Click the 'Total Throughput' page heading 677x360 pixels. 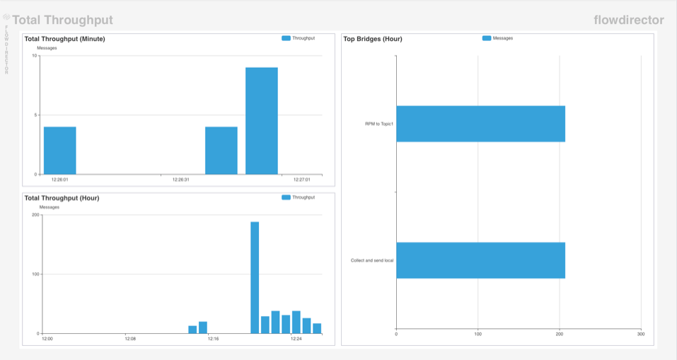point(62,21)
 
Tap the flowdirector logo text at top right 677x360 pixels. point(629,20)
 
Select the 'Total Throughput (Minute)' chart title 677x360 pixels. point(64,39)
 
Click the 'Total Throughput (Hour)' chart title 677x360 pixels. point(62,198)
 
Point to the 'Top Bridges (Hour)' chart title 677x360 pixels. point(373,39)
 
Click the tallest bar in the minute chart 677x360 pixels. point(261,120)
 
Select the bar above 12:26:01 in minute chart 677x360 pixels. point(59,150)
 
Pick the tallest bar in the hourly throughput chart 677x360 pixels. point(255,277)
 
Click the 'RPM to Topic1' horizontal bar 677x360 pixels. point(480,124)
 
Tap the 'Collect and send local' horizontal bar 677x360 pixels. point(480,260)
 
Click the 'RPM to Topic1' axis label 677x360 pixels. point(375,124)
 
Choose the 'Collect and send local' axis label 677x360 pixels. point(372,260)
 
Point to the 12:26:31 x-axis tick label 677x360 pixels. point(181,180)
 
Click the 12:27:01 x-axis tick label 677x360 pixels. point(303,180)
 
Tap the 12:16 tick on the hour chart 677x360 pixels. point(214,339)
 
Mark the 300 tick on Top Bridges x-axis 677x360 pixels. point(641,335)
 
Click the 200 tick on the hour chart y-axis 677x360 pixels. point(35,215)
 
